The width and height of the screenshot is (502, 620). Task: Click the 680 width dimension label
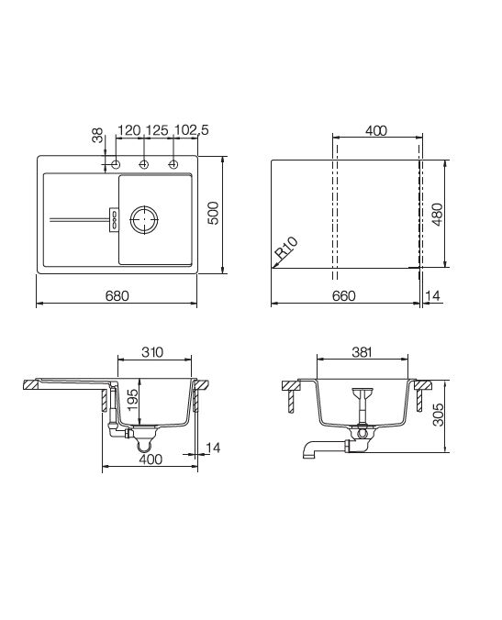tap(117, 295)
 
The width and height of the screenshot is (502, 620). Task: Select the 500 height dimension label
tap(213, 213)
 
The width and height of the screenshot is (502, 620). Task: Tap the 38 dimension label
tap(97, 135)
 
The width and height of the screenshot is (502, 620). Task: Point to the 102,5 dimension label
tap(192, 130)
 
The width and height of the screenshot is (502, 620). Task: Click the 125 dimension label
tap(158, 130)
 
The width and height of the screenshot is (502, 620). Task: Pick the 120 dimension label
tap(129, 130)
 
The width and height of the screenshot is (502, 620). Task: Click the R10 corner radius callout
tap(286, 248)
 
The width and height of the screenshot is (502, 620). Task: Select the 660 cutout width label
tap(343, 295)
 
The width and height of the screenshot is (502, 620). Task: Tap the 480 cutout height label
tap(437, 215)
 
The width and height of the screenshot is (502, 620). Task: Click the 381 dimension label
tap(362, 352)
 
